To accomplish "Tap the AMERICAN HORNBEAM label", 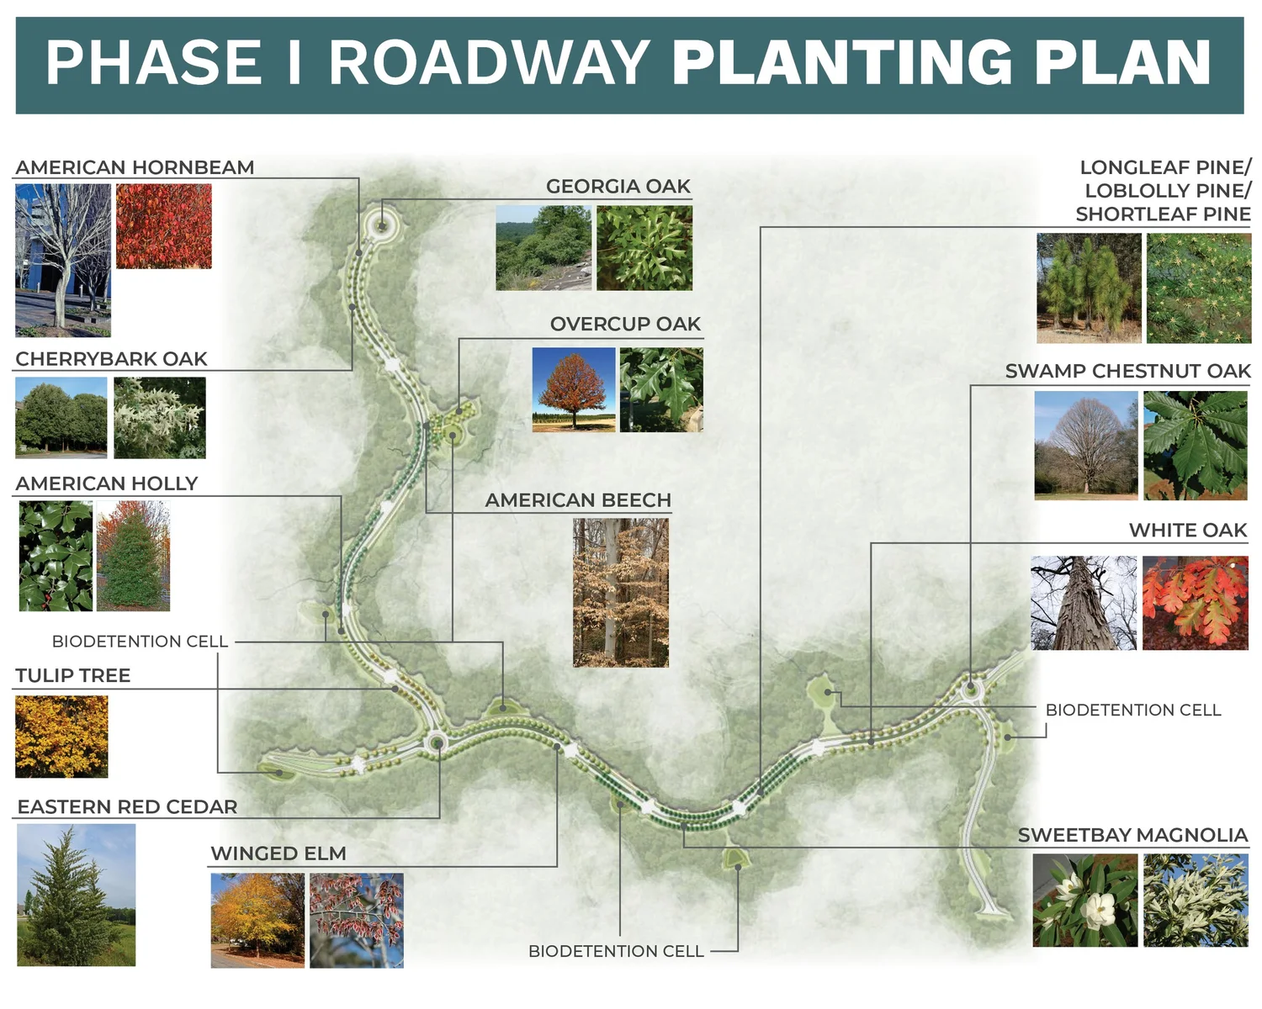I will (135, 167).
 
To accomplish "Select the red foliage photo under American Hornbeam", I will (164, 226).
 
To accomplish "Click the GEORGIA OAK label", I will (618, 187).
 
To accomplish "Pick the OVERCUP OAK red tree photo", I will (574, 390).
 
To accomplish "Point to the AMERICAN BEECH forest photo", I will (621, 593).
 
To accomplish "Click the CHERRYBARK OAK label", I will (111, 359).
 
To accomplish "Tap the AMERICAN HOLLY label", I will (107, 483).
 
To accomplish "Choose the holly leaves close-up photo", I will (56, 556).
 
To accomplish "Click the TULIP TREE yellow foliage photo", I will (61, 737).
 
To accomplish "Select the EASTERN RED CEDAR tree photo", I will (76, 895).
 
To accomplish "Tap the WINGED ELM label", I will (278, 854).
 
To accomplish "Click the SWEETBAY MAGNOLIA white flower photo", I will (1084, 901).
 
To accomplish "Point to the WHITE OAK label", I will (1188, 531).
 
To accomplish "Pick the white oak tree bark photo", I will (1084, 603).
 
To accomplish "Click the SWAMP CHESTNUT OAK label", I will (1127, 372).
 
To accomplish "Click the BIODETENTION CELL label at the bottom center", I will (616, 951).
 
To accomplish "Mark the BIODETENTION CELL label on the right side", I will (1132, 711).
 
